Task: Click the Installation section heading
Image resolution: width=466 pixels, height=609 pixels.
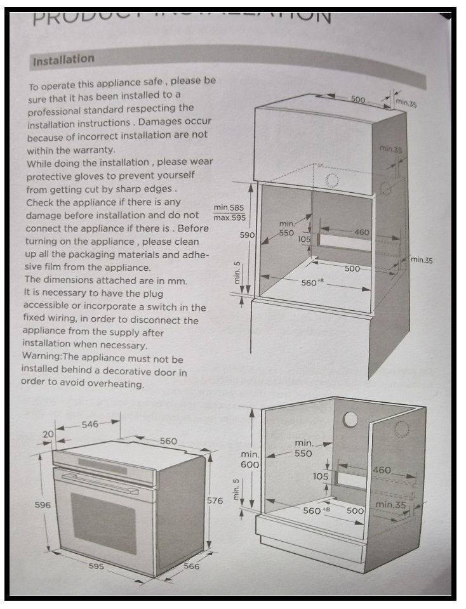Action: (x=63, y=61)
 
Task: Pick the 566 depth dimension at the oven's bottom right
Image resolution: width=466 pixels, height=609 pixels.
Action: (x=192, y=566)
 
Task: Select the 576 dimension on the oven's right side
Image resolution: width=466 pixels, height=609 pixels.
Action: (x=215, y=501)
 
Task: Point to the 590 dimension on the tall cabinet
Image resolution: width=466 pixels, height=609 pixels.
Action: (x=246, y=235)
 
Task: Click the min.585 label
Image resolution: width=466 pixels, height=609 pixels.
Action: (x=228, y=207)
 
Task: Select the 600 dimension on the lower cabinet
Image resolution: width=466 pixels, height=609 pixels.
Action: (x=248, y=464)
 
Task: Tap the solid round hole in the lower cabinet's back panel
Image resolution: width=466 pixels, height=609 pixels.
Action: (x=350, y=419)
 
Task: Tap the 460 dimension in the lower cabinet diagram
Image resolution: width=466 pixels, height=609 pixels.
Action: (x=381, y=470)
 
